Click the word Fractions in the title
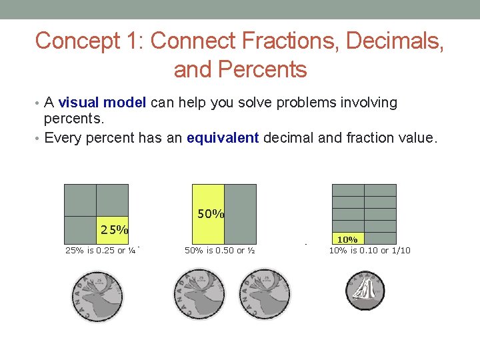(273, 41)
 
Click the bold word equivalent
(223, 137)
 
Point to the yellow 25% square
(113, 229)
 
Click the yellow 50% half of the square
(209, 213)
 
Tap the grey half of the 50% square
(240, 213)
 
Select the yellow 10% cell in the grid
(347, 238)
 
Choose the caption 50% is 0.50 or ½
(220, 251)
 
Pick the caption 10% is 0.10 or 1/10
(369, 251)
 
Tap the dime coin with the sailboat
(365, 290)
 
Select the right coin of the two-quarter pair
(265, 294)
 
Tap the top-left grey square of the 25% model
(81, 199)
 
